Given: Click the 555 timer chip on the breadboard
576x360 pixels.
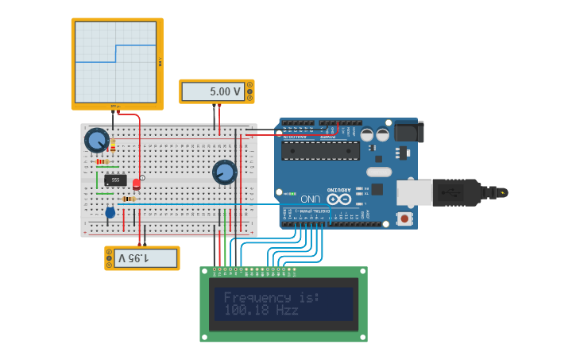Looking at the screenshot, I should tap(115, 180).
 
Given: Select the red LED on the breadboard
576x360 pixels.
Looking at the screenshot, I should tap(136, 184).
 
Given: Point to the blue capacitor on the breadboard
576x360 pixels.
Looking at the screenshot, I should tap(110, 212).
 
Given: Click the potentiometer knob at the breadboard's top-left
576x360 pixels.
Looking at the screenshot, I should tap(96, 141).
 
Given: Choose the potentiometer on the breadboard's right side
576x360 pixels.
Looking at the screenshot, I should tap(225, 172).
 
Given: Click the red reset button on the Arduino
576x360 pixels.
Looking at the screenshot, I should tap(405, 218).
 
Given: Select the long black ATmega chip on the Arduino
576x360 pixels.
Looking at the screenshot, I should tap(320, 150).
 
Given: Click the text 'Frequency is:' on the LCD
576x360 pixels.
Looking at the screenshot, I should tap(271, 297).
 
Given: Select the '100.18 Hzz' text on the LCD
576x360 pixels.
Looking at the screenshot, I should tap(261, 311).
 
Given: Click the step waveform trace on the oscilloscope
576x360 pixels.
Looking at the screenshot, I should tap(116, 53).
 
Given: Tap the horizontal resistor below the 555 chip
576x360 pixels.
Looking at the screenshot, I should tap(128, 199).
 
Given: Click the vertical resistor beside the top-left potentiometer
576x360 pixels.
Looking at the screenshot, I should tap(113, 145).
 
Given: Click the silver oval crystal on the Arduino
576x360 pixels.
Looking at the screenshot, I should tap(379, 172).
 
